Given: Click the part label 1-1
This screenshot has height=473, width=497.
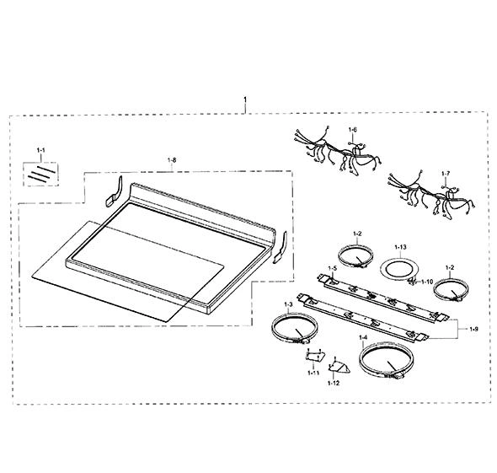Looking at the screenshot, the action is (x=41, y=150).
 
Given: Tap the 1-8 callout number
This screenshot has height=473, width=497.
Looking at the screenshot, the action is (x=172, y=160).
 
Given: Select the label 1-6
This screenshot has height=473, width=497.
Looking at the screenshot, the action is (x=352, y=130).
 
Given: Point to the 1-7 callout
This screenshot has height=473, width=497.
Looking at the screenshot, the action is (x=446, y=174).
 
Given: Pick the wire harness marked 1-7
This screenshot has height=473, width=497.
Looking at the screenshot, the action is (x=431, y=194).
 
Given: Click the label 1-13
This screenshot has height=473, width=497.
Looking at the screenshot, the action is (x=401, y=247).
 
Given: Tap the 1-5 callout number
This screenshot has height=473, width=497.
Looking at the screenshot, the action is (x=332, y=268).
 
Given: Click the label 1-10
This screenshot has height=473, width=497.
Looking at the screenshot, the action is (x=427, y=282).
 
